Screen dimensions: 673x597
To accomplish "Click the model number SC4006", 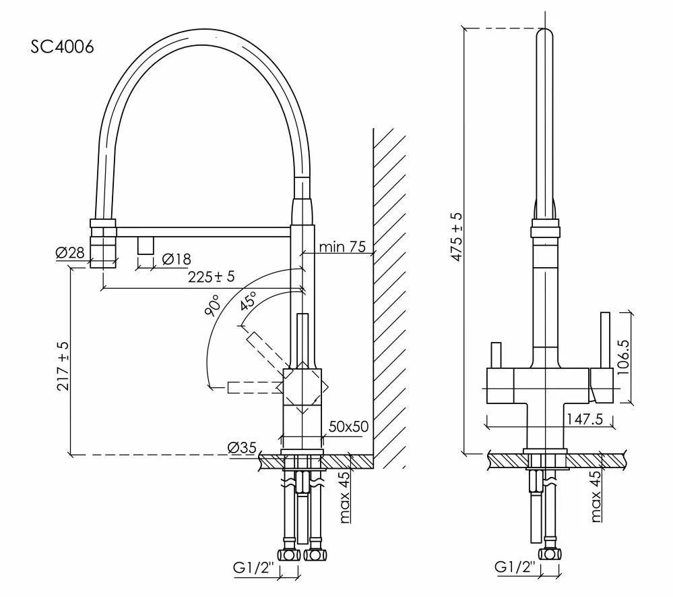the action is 62,47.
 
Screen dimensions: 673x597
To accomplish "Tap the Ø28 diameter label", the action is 70,252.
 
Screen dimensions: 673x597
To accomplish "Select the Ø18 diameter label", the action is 177,259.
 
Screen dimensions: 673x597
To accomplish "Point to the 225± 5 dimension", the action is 211,277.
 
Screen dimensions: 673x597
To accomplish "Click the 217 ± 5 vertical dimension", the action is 63,366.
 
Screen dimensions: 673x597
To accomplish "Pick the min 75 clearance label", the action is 342,247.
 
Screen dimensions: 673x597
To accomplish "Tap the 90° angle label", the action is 213,306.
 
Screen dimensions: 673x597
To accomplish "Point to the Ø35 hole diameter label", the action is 242,448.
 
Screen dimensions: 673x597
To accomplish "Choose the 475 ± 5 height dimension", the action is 457,237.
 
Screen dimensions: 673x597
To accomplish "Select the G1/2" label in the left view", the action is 253,568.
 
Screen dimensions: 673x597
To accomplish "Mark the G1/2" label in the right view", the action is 515,567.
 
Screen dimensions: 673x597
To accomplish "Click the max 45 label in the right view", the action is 596,496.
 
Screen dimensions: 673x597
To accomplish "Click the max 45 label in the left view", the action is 345,497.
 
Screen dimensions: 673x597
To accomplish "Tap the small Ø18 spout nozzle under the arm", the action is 146,246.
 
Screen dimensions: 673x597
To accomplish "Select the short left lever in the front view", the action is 496,356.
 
